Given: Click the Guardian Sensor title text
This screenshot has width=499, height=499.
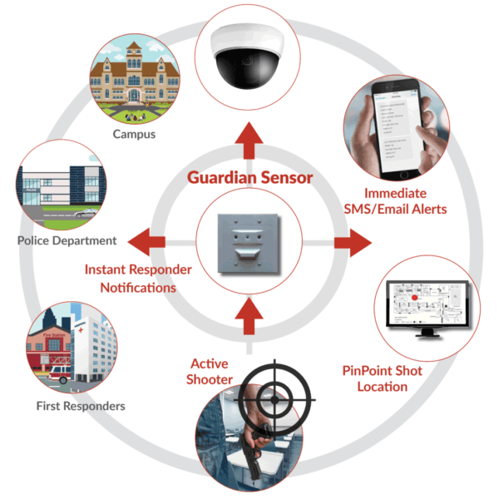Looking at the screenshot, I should tap(249, 178).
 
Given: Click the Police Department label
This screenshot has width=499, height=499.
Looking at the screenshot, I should tap(67, 240).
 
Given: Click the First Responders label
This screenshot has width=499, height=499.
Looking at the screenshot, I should tap(81, 406).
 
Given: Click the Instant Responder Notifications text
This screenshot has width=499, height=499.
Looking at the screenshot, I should tap(138, 279).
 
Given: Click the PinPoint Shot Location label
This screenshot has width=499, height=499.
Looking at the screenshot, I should tap(383, 378).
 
